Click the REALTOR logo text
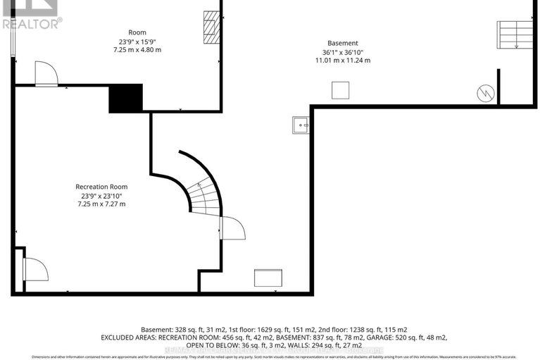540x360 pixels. coord(32,23)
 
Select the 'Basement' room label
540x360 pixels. coord(343,43)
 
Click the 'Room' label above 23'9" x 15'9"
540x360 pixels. coord(137,33)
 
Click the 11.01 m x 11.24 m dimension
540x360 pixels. coord(343,61)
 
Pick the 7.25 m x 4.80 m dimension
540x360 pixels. coord(137,51)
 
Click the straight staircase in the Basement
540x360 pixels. coord(516,34)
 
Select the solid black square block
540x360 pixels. coord(125,98)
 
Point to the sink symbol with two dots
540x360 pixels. coord(301,125)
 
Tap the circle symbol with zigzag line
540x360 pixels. coord(484,92)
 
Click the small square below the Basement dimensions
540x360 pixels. coord(341,90)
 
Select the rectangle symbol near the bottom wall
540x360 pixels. coord(268,278)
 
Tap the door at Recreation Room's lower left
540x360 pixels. coord(34,269)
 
